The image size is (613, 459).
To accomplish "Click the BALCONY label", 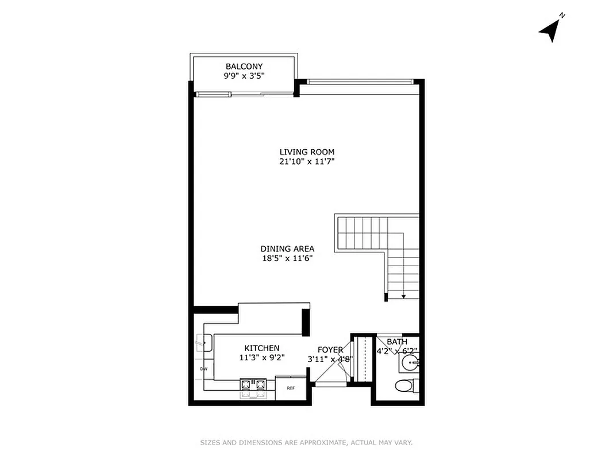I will tap(244, 67).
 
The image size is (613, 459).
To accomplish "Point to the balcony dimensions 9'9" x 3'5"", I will tap(244, 76).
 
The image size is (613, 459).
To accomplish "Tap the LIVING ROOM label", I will tap(307, 152).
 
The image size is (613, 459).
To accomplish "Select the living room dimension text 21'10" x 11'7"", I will tap(307, 162).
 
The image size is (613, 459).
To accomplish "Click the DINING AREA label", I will tap(287, 249).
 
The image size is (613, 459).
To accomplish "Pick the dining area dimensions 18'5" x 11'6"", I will tap(287, 258).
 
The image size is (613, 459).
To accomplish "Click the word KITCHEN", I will tap(262, 348).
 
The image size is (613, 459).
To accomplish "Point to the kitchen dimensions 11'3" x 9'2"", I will tap(262, 357).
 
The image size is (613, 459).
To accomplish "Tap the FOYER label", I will tap(330, 350).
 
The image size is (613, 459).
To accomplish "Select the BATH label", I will tap(396, 342).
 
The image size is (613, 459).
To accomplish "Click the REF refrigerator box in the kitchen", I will tap(291, 388).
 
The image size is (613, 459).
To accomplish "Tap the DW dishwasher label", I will tap(203, 369).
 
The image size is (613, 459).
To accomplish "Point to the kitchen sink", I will tap(203, 343).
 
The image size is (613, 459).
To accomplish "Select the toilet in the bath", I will tap(406, 385).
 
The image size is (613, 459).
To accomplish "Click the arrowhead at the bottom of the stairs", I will tap(403, 297).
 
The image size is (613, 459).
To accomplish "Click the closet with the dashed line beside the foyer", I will tap(362, 359).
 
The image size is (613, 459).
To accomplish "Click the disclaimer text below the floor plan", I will tap(306, 442).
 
